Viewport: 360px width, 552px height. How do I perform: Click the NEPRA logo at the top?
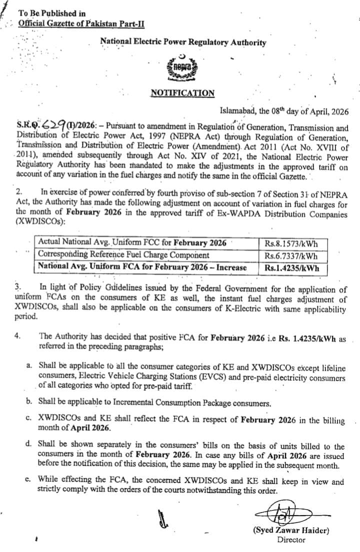tap(183, 68)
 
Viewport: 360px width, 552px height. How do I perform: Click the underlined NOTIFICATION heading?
tap(182, 93)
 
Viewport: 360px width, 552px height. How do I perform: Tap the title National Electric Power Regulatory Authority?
tap(183, 42)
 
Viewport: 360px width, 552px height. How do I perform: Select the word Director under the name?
tap(291, 540)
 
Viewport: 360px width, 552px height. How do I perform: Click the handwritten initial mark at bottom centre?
tap(161, 520)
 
